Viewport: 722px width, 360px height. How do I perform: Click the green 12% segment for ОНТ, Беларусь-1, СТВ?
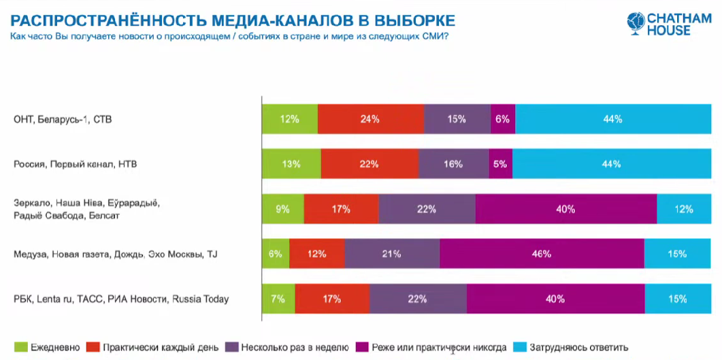290,119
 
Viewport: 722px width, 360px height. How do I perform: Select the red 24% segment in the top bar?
370,119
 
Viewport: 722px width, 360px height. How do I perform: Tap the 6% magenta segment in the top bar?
503,119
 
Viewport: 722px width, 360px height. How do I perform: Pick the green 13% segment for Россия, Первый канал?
291,164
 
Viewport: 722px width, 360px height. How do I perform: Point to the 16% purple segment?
453,164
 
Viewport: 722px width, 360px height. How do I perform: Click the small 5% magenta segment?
500,164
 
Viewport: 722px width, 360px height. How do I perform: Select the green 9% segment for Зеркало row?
283,209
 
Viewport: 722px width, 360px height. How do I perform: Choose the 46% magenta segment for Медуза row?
542,254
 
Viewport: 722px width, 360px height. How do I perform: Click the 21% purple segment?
392,254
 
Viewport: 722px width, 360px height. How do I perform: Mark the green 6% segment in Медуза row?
276,254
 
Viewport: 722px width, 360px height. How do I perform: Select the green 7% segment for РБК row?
278,299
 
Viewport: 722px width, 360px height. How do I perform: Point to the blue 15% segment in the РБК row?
677,299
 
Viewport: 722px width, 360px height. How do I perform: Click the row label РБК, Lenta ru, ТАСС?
121,299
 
